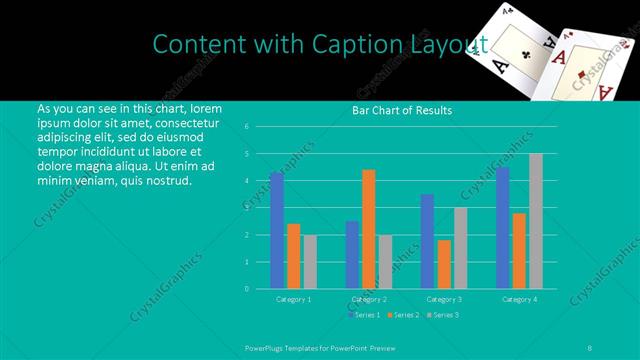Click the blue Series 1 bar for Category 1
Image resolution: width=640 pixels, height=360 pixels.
pos(277,230)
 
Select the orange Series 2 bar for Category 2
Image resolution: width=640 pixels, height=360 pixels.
pos(369,229)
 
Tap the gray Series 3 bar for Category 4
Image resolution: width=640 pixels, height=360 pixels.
pos(536,221)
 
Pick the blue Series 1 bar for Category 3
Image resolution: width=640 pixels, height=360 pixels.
pos(428,241)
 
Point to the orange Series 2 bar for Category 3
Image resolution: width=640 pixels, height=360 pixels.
pos(444,264)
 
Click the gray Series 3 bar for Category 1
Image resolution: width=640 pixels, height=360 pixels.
pos(310,262)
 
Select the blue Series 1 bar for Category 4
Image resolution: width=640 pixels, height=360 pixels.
pos(503,228)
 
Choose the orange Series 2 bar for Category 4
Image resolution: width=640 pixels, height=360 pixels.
pos(519,250)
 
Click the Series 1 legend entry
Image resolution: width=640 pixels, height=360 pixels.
pos(365,315)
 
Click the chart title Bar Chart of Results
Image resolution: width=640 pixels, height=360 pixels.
pos(402,110)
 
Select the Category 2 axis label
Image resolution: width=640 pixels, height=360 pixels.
pos(369,299)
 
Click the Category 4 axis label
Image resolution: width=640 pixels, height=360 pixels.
pos(519,299)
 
